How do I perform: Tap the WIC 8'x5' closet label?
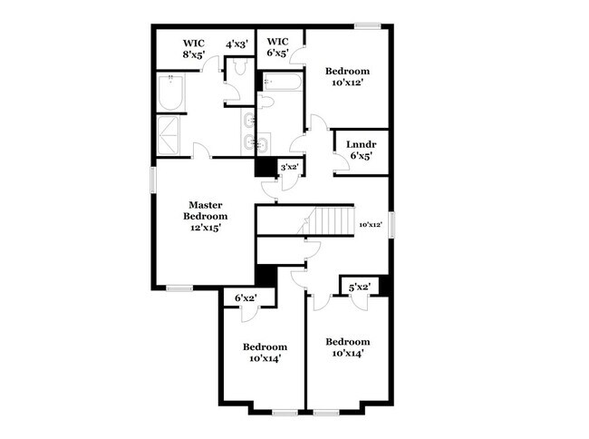pyautogui.click(x=194, y=47)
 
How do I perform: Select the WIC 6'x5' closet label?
pyautogui.click(x=277, y=47)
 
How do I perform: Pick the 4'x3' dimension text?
pyautogui.click(x=237, y=43)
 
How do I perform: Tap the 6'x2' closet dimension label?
pyautogui.click(x=245, y=298)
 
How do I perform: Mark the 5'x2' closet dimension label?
pyautogui.click(x=359, y=288)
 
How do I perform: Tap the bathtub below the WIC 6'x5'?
pyautogui.click(x=280, y=83)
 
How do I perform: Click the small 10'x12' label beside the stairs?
pyautogui.click(x=371, y=224)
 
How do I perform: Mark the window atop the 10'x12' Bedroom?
pyautogui.click(x=367, y=24)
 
